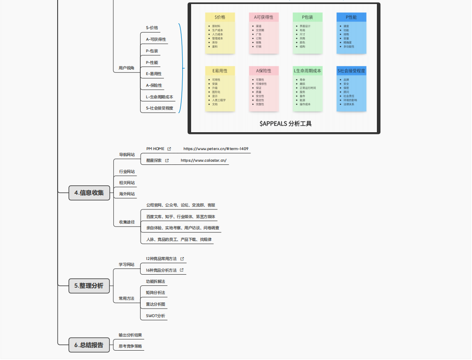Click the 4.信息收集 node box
89,193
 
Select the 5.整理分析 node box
89,286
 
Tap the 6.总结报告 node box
89,345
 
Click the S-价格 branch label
152,28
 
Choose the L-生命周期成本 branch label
159,96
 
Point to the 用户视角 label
126,68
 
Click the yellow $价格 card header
220,17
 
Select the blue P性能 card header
351,17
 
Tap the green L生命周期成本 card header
308,71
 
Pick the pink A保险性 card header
263,71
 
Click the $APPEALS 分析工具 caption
285,124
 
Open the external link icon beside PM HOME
169,149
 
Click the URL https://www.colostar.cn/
204,160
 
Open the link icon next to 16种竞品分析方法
182,270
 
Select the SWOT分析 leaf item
155,316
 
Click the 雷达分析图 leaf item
155,304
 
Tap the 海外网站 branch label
127,194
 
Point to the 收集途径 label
127,222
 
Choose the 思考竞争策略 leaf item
130,346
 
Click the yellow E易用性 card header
220,71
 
